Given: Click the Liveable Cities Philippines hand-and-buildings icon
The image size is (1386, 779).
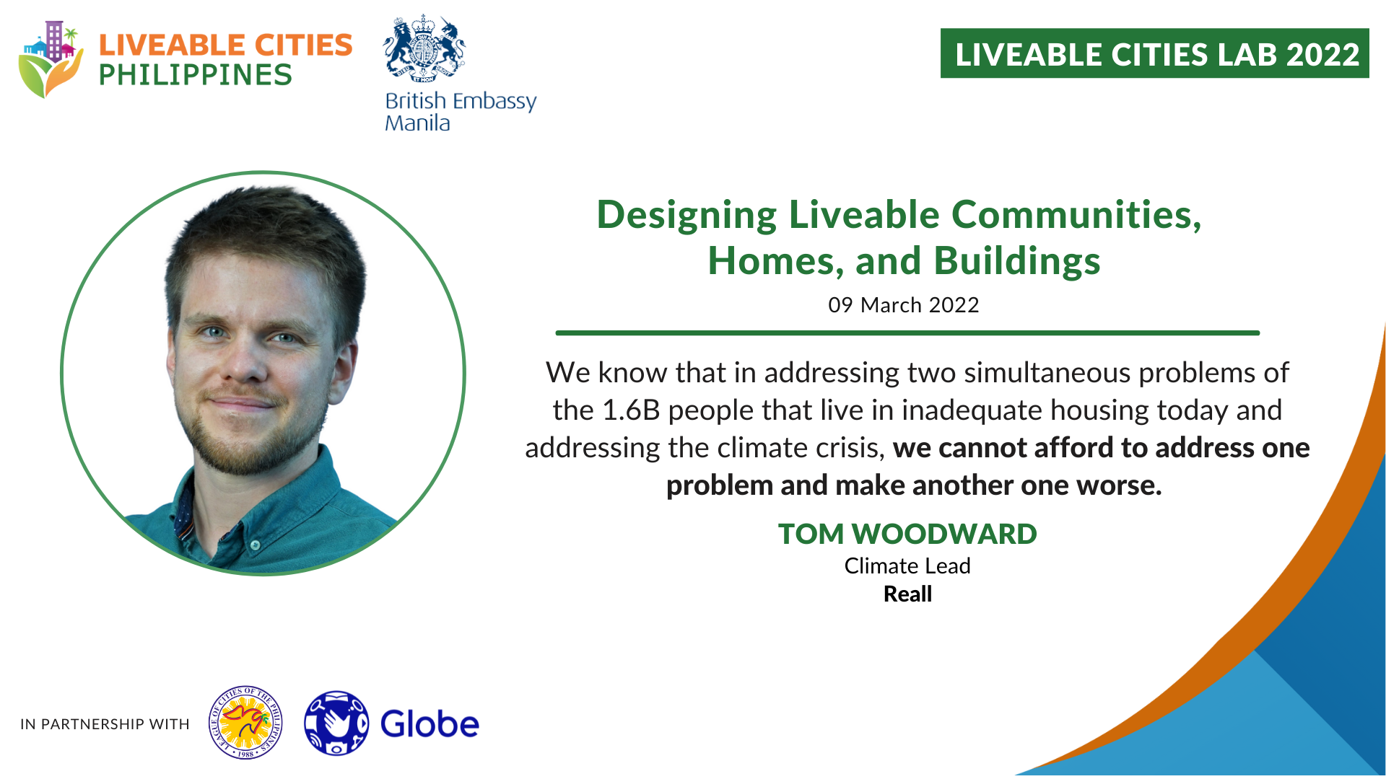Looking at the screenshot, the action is click(51, 59).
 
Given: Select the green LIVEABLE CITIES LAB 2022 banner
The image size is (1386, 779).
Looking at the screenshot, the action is click(1154, 53).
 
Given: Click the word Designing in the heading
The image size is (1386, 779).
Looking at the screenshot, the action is click(687, 216).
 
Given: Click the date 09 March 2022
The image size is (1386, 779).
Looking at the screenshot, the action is click(903, 305).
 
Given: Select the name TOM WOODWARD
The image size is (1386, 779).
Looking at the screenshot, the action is click(907, 534).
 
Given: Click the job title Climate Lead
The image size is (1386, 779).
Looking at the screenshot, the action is click(907, 566).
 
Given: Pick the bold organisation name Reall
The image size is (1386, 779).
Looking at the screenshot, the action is click(907, 594).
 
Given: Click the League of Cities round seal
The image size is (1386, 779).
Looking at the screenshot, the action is click(245, 723).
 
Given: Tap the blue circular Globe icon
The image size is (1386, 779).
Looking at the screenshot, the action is click(336, 723).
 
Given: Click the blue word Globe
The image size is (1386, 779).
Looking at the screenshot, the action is click(430, 724).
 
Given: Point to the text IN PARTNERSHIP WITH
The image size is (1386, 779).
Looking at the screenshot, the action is click(105, 724).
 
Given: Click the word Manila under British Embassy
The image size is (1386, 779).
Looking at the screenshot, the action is click(417, 123).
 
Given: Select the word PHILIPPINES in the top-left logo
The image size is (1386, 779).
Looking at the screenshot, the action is click(196, 75).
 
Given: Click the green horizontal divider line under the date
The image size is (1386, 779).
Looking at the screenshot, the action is click(907, 333).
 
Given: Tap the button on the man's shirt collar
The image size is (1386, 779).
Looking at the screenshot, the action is click(255, 545).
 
